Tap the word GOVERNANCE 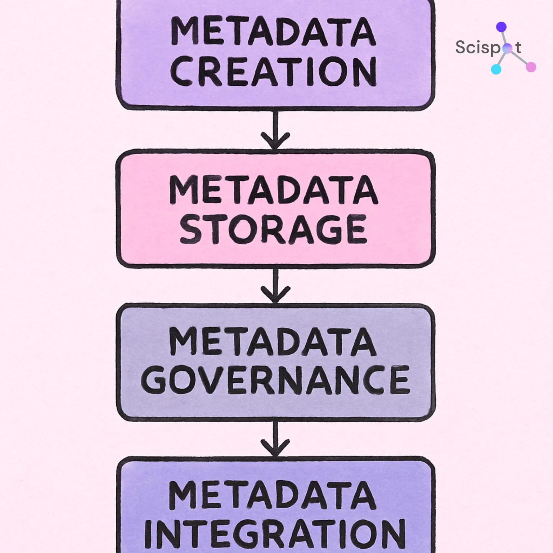point(276,379)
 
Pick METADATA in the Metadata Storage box point(274,190)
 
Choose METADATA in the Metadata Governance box point(273,342)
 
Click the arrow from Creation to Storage point(275,130)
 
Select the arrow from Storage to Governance point(275,286)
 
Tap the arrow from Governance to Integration point(275,439)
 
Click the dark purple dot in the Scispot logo point(501,27)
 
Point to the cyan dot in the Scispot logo point(496,69)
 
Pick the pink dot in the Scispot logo point(531,67)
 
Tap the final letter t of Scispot point(518,47)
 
